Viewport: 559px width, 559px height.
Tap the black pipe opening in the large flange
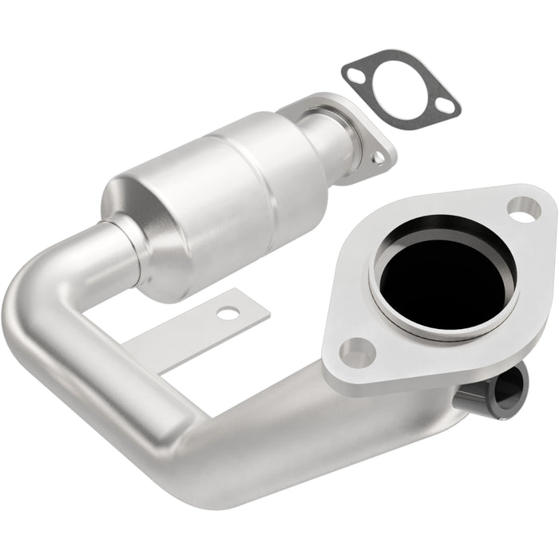click(x=444, y=276)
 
